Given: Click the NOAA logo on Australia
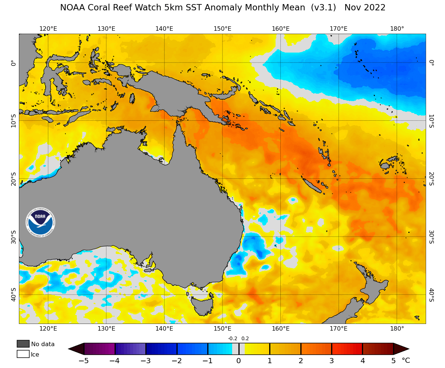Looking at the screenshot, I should pyautogui.click(x=40, y=222).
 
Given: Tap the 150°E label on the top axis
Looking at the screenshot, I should pyautogui.click(x=222, y=29).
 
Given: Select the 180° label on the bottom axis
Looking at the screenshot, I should pyautogui.click(x=397, y=328).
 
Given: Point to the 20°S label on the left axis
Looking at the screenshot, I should pyautogui.click(x=13, y=179).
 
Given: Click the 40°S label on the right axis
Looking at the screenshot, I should pyautogui.click(x=431, y=295).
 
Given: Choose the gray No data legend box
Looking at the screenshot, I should pyautogui.click(x=23, y=344).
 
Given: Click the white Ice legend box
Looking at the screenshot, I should pyautogui.click(x=23, y=354).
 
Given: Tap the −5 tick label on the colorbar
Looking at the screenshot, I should pyautogui.click(x=84, y=361).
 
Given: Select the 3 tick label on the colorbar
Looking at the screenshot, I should pyautogui.click(x=332, y=361).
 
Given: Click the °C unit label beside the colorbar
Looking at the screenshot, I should pyautogui.click(x=406, y=361).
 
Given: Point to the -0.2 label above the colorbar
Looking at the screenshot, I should pyautogui.click(x=233, y=338).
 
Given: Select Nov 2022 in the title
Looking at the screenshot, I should pyautogui.click(x=365, y=8).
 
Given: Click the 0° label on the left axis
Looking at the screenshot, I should pyautogui.click(x=13, y=63).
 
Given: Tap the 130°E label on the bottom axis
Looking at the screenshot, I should pyautogui.click(x=106, y=328).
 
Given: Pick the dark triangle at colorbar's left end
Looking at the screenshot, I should pyautogui.click(x=76, y=349).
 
